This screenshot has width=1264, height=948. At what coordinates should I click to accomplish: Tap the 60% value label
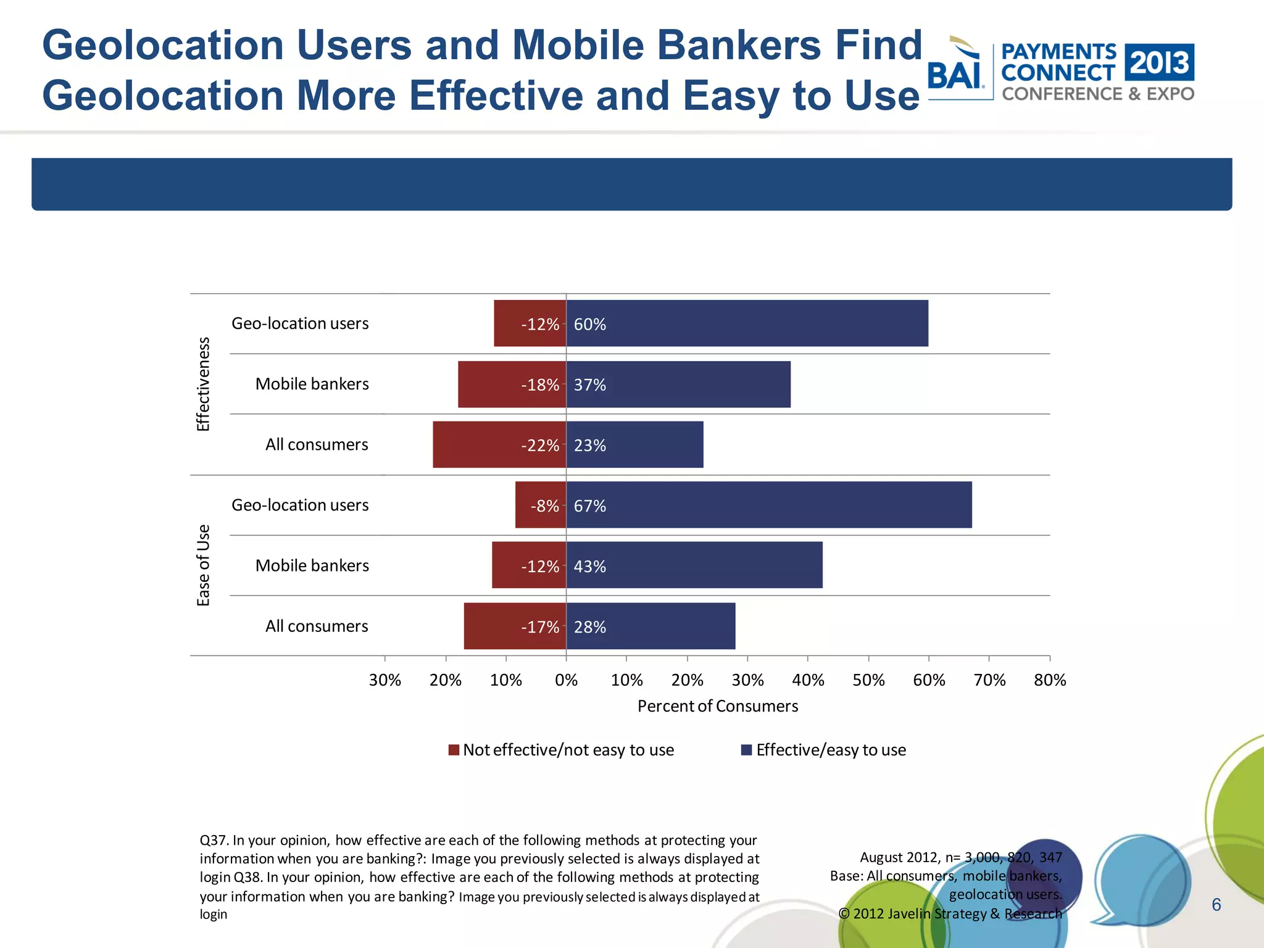pyautogui.click(x=589, y=324)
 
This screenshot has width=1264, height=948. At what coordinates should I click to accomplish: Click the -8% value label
pyautogui.click(x=544, y=506)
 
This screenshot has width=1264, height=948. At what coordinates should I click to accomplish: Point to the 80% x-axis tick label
pyautogui.click(x=1049, y=680)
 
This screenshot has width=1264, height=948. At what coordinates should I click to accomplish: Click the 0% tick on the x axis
pyautogui.click(x=566, y=680)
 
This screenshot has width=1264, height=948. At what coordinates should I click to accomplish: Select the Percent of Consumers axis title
pyautogui.click(x=717, y=706)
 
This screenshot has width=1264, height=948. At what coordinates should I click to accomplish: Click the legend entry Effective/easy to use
pyautogui.click(x=830, y=750)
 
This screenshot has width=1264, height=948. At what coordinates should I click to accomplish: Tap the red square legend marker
pyautogui.click(x=454, y=750)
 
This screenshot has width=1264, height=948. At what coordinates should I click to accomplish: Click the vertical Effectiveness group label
pyautogui.click(x=203, y=384)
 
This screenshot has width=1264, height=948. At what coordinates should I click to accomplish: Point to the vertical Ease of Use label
pyautogui.click(x=203, y=565)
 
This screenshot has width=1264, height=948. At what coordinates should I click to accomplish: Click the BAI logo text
pyautogui.click(x=955, y=76)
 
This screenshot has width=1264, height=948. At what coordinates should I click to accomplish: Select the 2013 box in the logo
pyautogui.click(x=1159, y=62)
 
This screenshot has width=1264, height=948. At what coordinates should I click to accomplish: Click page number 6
pyautogui.click(x=1216, y=905)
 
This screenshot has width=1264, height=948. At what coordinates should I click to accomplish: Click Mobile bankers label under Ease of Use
pyautogui.click(x=312, y=565)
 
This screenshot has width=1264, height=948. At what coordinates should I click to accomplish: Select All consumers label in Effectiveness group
pyautogui.click(x=316, y=444)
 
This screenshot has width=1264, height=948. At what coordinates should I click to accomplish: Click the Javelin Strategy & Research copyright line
pyautogui.click(x=950, y=913)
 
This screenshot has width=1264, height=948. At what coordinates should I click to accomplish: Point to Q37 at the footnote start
pyautogui.click(x=214, y=841)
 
